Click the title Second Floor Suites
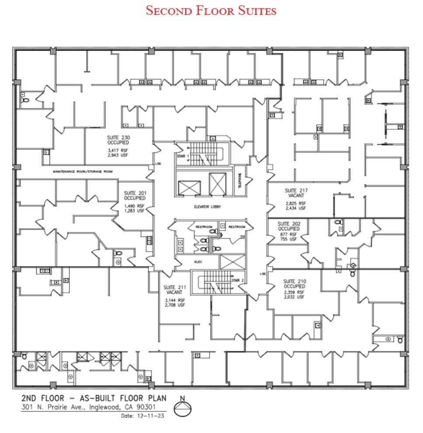tap(211, 10)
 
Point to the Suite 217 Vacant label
tap(296, 193)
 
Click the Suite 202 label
tap(289, 226)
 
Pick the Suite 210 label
tap(294, 284)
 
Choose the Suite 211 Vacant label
tap(175, 290)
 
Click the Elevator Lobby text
tap(207, 207)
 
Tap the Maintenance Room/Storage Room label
tap(83, 172)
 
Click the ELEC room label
tap(198, 262)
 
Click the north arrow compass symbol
tap(183, 409)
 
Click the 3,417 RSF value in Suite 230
tap(118, 150)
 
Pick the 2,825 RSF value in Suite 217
tap(296, 203)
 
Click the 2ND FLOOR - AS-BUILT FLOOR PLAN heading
tap(94, 398)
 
